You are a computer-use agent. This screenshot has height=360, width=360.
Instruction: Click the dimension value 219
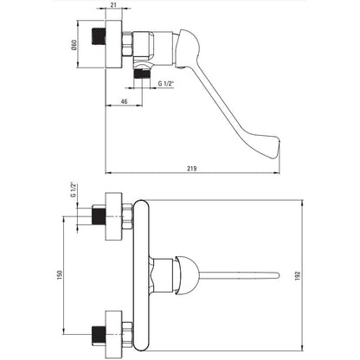191,168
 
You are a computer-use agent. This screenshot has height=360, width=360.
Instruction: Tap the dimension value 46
124,101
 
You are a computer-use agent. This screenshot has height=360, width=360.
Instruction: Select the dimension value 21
114,4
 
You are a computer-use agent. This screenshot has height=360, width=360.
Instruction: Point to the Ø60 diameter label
74,45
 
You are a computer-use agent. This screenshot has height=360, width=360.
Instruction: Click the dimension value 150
60,275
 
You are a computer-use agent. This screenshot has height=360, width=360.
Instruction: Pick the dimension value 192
298,276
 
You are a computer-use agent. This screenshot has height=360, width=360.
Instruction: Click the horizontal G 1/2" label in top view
166,84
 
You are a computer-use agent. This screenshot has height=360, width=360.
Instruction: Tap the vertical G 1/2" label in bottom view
73,190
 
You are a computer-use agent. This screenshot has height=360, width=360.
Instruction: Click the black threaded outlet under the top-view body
142,74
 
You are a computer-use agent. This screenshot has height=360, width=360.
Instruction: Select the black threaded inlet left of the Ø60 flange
99,36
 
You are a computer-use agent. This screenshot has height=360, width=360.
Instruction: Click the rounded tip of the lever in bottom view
277,275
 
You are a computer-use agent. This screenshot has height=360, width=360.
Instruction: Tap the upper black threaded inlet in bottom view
99,215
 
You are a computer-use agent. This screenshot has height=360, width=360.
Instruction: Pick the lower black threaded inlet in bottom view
99,335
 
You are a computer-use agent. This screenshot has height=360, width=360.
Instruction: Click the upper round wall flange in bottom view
114,216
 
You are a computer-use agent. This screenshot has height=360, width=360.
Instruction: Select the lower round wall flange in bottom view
114,334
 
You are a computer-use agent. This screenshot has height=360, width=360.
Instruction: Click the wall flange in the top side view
114,44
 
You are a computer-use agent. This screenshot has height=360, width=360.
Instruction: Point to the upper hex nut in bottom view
127,216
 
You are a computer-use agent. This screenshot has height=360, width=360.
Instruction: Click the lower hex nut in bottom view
127,335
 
